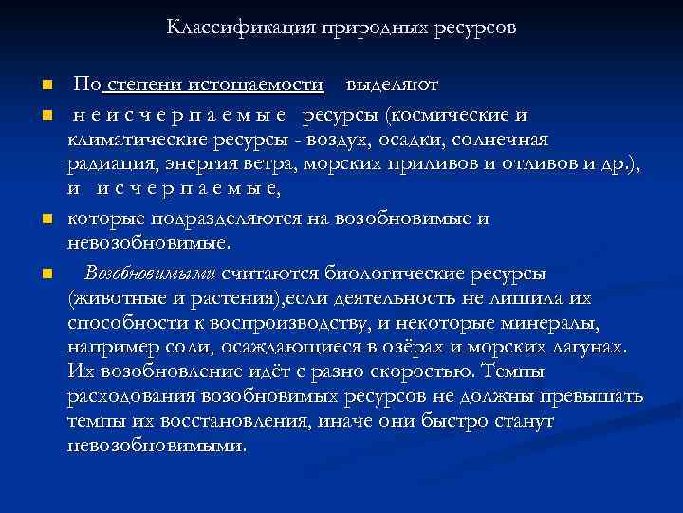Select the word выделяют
(x=391, y=85)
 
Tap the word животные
(x=113, y=298)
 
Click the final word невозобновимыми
(x=157, y=445)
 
